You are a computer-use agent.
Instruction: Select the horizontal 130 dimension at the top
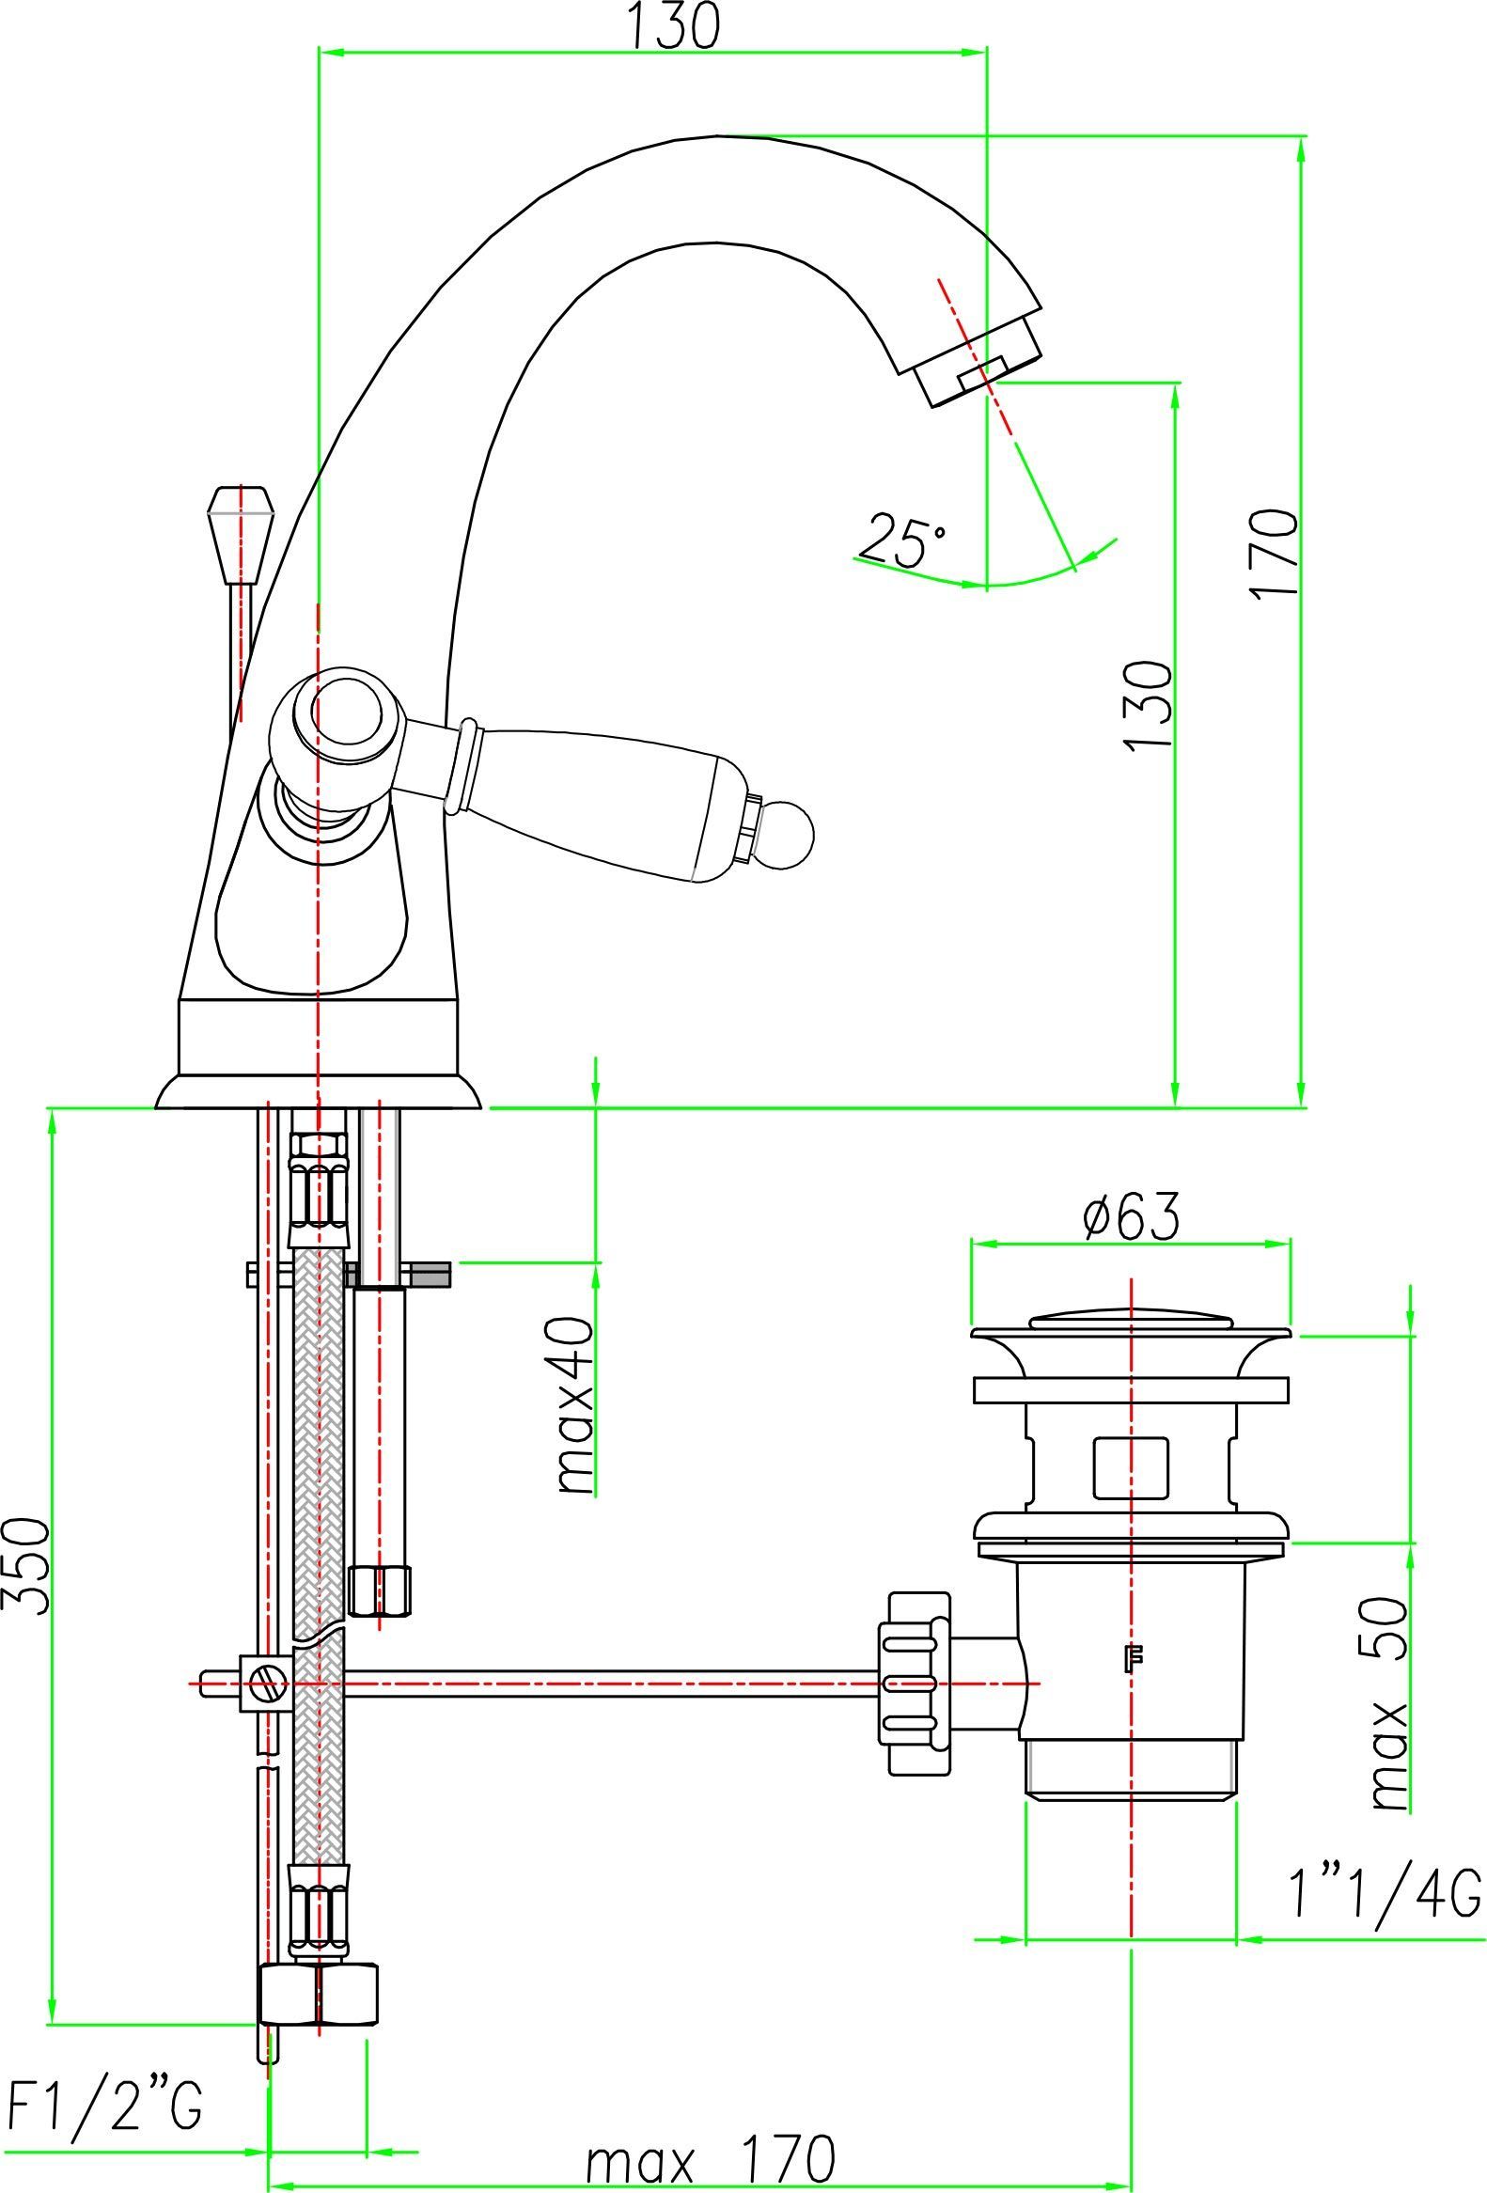click(673, 25)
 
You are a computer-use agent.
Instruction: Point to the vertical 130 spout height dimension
click(1149, 706)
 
